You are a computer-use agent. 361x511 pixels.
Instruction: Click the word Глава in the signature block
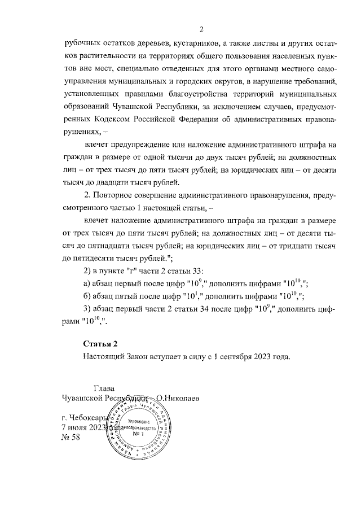click(104, 388)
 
